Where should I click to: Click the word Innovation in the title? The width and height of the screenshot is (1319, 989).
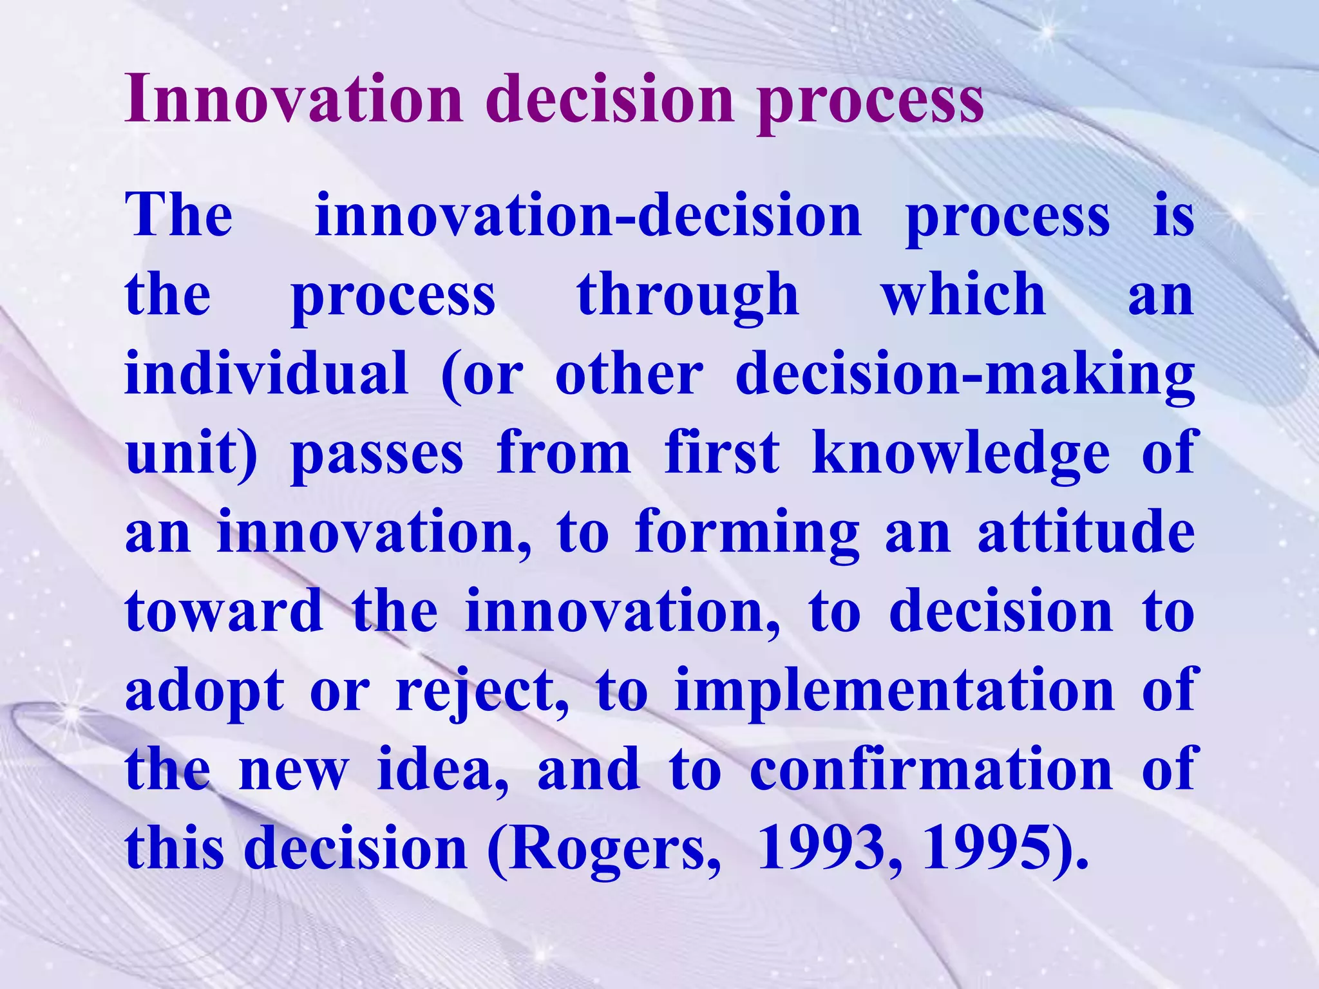pyautogui.click(x=293, y=100)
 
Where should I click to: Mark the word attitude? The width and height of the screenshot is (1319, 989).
pyautogui.click(x=1086, y=533)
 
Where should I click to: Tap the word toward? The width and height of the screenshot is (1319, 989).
pyautogui.click(x=223, y=612)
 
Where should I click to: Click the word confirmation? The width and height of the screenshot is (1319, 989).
pyautogui.click(x=931, y=769)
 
